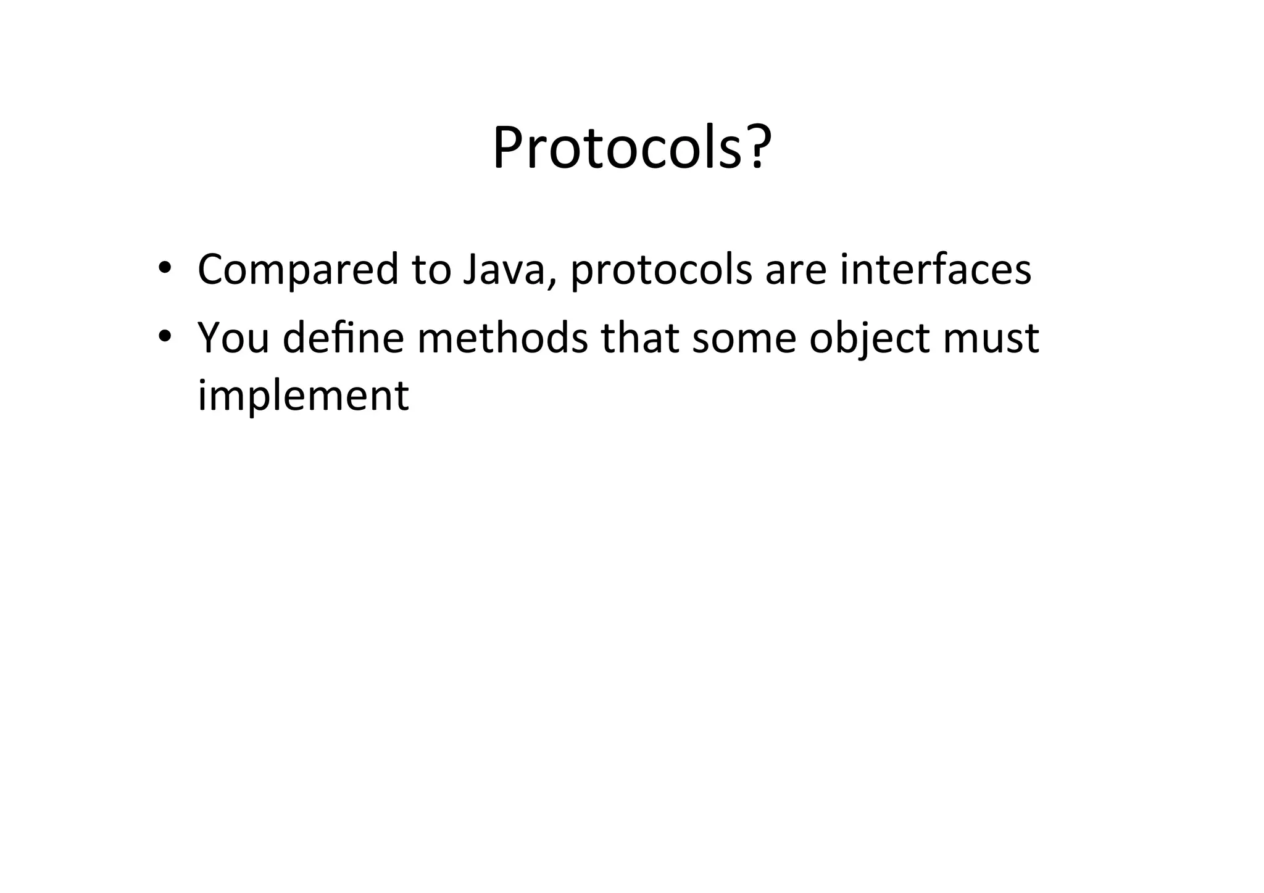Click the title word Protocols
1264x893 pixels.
click(x=617, y=149)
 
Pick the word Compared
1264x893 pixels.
click(x=298, y=270)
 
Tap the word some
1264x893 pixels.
click(x=744, y=339)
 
